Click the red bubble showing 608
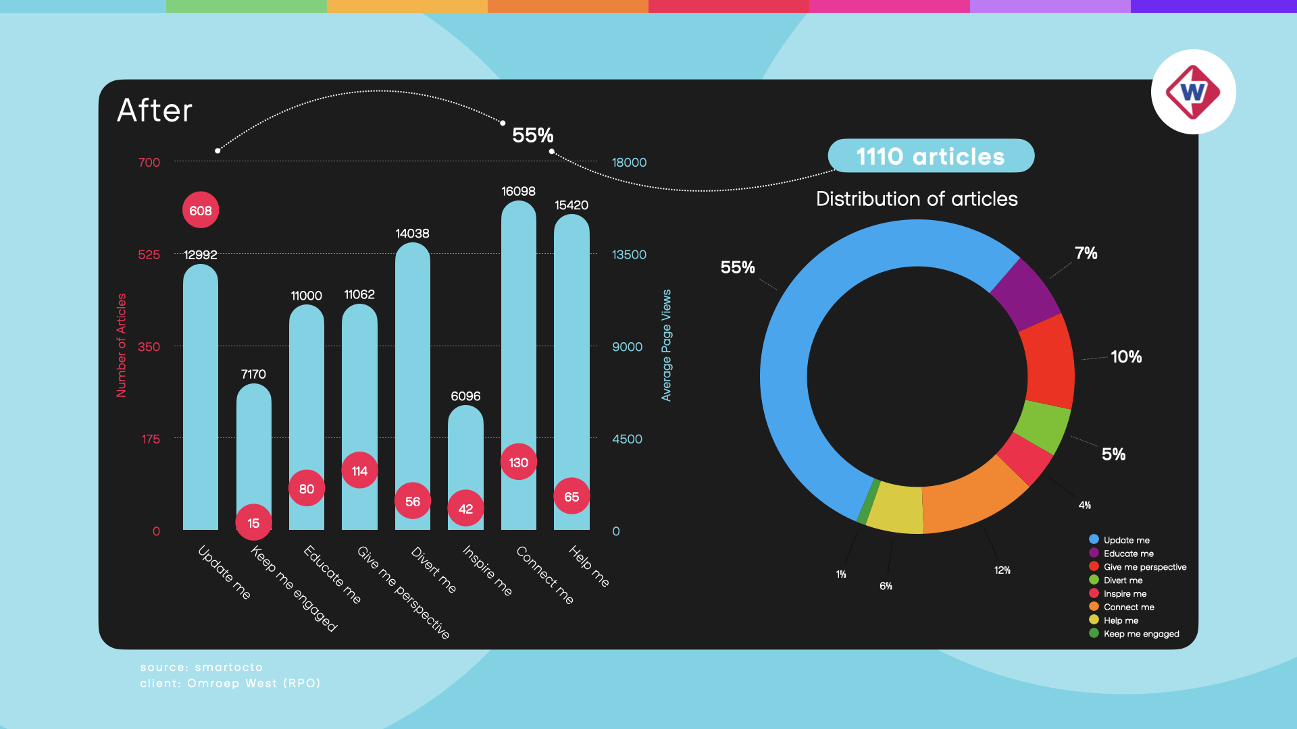pos(201,211)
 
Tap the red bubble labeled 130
pos(519,462)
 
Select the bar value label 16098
pos(518,192)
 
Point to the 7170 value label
pos(253,375)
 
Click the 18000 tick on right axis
pos(629,163)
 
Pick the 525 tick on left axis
pos(149,255)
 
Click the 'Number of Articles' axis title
pos(122,346)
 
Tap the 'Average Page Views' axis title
pos(667,346)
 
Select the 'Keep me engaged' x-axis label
pos(293,589)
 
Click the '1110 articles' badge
pos(931,157)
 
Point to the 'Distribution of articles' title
pos(917,199)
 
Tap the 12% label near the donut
pos(1002,571)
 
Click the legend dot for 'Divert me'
pos(1094,580)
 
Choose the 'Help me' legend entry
pos(1121,621)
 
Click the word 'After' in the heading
pos(155,111)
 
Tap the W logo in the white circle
pos(1193,92)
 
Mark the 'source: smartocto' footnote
pos(201,668)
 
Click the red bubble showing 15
pos(253,523)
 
